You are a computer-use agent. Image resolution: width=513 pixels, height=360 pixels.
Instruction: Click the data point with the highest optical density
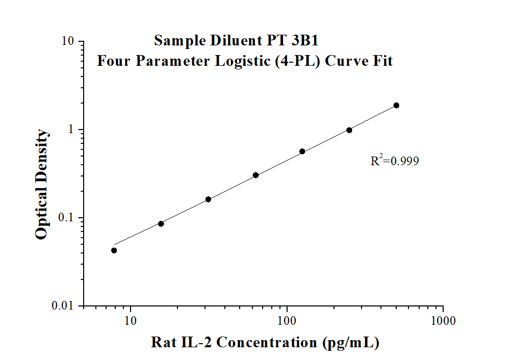click(396, 106)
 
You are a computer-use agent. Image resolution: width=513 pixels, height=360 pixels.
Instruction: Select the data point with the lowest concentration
click(114, 250)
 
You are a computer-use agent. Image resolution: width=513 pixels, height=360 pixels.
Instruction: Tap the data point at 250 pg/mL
click(349, 130)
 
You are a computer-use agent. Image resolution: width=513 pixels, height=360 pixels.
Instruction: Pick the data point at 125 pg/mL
click(302, 151)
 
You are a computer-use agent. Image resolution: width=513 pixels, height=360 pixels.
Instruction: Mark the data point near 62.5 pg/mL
click(255, 175)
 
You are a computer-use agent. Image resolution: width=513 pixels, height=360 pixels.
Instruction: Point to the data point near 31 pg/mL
click(208, 199)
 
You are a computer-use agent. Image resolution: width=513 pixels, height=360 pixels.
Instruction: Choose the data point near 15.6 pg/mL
click(161, 223)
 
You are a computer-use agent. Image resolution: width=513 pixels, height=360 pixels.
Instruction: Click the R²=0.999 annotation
click(395, 161)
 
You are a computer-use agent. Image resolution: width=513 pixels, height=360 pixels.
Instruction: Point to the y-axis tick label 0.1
click(67, 218)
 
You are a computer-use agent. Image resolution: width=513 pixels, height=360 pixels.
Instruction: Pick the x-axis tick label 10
click(131, 321)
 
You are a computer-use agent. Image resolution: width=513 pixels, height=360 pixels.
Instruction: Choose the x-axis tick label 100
click(287, 321)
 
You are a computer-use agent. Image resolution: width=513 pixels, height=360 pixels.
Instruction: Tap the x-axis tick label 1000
click(443, 321)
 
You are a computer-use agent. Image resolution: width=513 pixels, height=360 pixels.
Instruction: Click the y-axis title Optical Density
click(42, 184)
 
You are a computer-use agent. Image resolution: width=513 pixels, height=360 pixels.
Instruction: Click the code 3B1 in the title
click(306, 40)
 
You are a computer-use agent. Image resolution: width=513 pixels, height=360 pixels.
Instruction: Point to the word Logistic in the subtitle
click(240, 61)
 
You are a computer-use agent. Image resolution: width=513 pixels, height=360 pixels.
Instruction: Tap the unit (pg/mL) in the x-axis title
click(350, 342)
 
